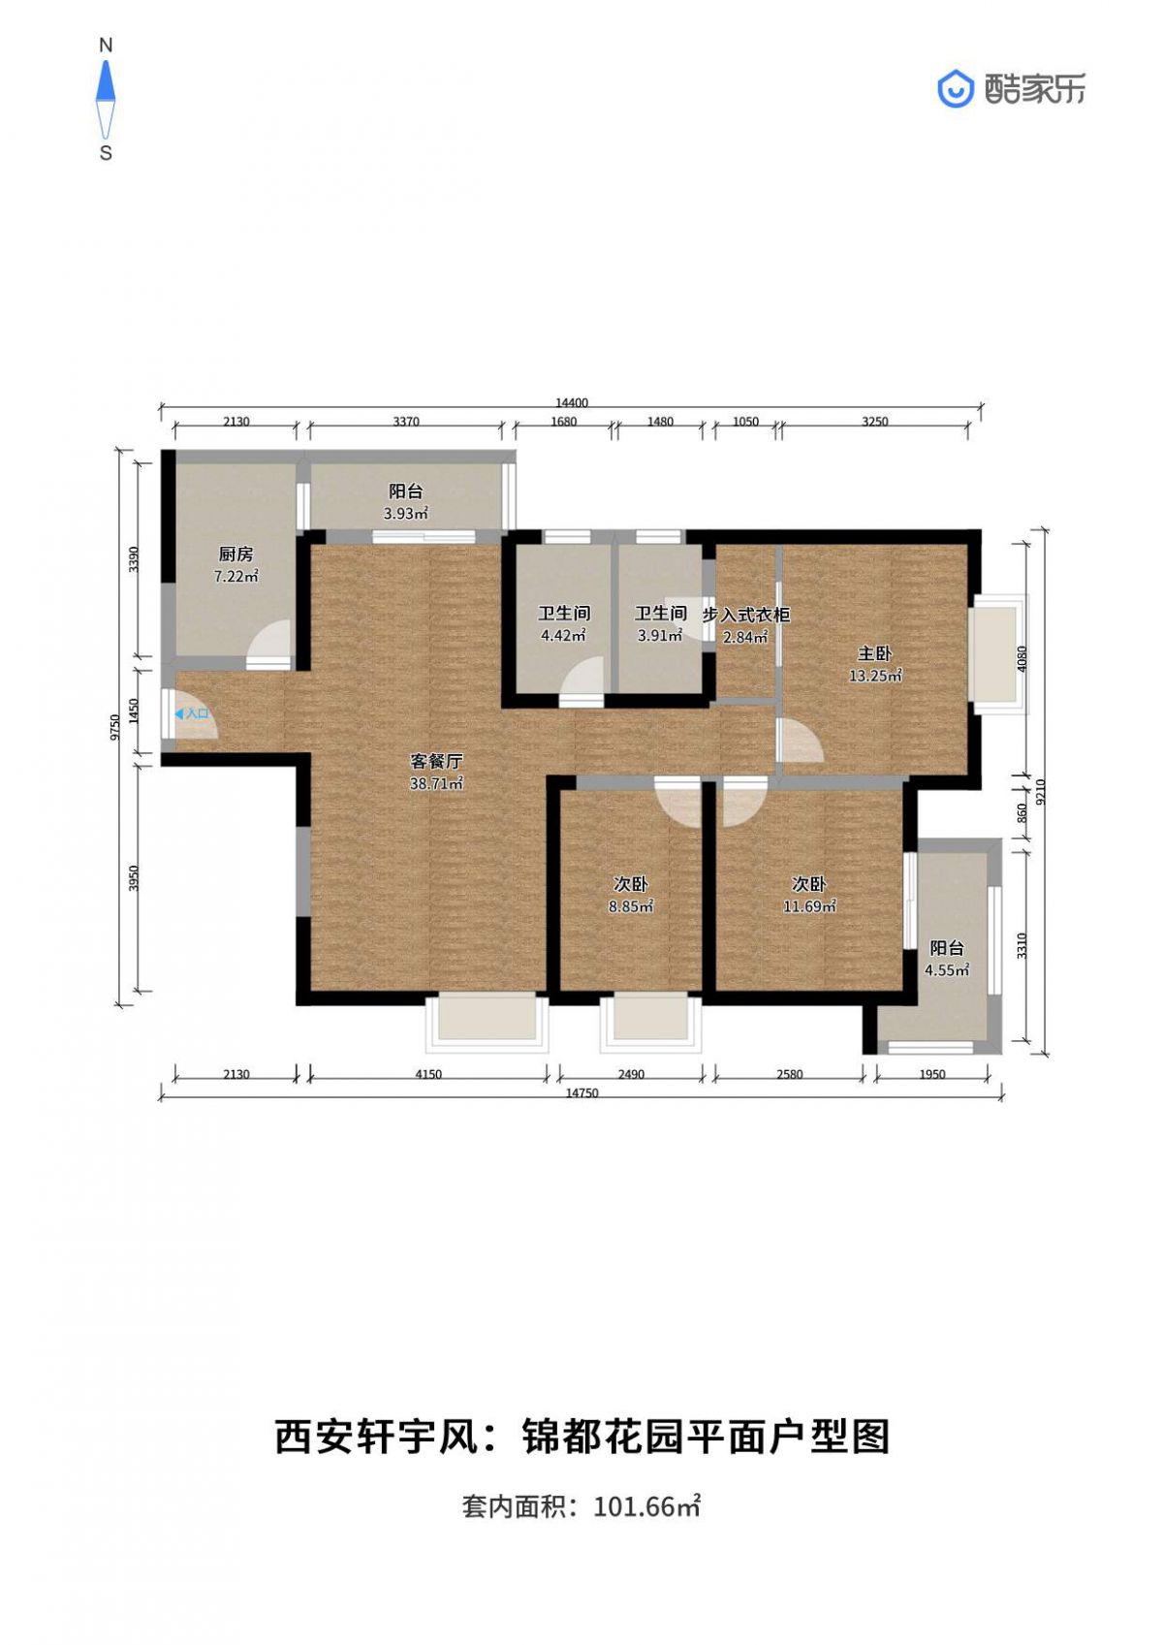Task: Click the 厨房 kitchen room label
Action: click(236, 554)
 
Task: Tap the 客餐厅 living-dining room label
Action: click(436, 762)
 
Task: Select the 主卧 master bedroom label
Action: click(875, 653)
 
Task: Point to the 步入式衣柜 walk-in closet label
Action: click(746, 615)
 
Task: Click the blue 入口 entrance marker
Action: click(192, 713)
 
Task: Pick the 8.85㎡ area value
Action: click(631, 906)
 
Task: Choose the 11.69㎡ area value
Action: click(809, 906)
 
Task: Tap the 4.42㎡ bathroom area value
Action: click(563, 635)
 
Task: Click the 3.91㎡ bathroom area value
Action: click(660, 635)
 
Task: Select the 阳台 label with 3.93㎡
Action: click(406, 491)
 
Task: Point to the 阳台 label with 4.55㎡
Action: click(947, 948)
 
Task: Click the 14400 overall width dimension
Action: click(572, 402)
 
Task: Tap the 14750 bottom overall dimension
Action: click(581, 1092)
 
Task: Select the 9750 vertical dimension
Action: click(113, 727)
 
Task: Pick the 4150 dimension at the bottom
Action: click(428, 1074)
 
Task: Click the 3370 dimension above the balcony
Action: click(406, 422)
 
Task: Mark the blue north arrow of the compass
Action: click(106, 80)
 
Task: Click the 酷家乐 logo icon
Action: click(956, 89)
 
